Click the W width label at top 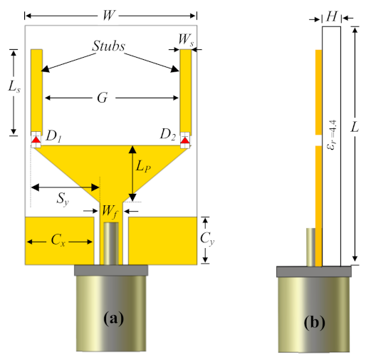[x=111, y=14]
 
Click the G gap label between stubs [x=104, y=98]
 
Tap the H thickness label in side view [x=331, y=14]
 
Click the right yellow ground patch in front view [x=162, y=240]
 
